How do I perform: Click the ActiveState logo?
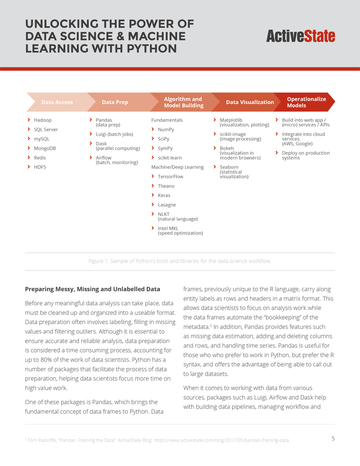(301, 36)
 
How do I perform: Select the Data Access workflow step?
(57, 102)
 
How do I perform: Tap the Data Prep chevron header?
(115, 102)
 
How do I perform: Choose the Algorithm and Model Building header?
(183, 102)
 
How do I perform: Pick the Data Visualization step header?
(249, 102)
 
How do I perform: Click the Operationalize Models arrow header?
(306, 102)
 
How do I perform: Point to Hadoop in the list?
(43, 120)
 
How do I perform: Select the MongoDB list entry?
(45, 148)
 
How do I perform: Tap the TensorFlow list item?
(170, 176)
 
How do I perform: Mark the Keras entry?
(164, 195)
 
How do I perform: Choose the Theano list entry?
(166, 186)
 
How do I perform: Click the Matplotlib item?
(231, 120)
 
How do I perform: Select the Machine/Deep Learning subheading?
(177, 167)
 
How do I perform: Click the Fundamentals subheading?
(167, 120)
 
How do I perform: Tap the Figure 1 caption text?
(180, 261)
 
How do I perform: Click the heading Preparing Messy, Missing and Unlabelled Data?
(92, 289)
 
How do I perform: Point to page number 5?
(333, 439)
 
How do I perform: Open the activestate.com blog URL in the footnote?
(221, 440)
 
